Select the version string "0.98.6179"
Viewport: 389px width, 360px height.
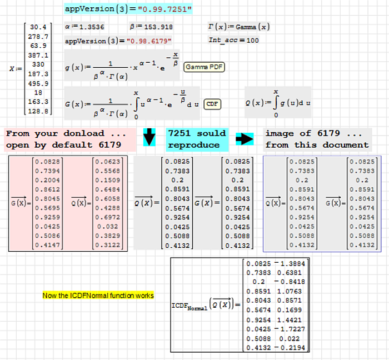coord(149,41)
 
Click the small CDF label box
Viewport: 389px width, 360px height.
coord(212,104)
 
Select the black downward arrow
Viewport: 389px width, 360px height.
coord(149,138)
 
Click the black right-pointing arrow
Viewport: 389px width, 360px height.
coord(245,139)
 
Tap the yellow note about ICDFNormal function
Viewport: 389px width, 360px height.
coord(98,295)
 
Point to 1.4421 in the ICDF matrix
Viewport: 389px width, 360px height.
coord(291,319)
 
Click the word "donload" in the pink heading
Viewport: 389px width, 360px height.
coord(84,133)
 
